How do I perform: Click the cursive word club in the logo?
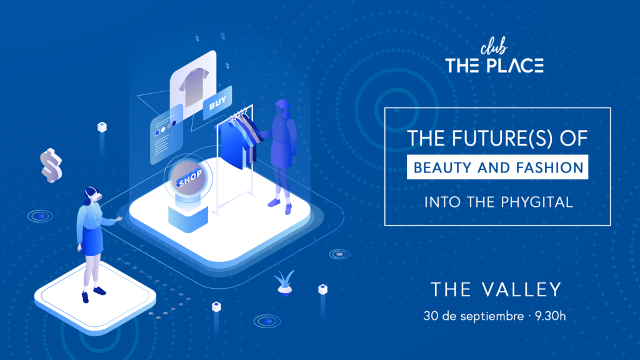[x=494, y=46]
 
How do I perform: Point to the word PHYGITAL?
[x=536, y=202]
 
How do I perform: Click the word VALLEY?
[x=522, y=289]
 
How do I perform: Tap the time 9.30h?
[x=550, y=316]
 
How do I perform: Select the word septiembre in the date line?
[x=492, y=316]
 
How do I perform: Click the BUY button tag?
[x=217, y=102]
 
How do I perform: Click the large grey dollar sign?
[x=51, y=165]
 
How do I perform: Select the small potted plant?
[x=284, y=282]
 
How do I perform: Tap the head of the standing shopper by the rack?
[x=282, y=107]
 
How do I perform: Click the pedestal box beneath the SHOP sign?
[x=188, y=218]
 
